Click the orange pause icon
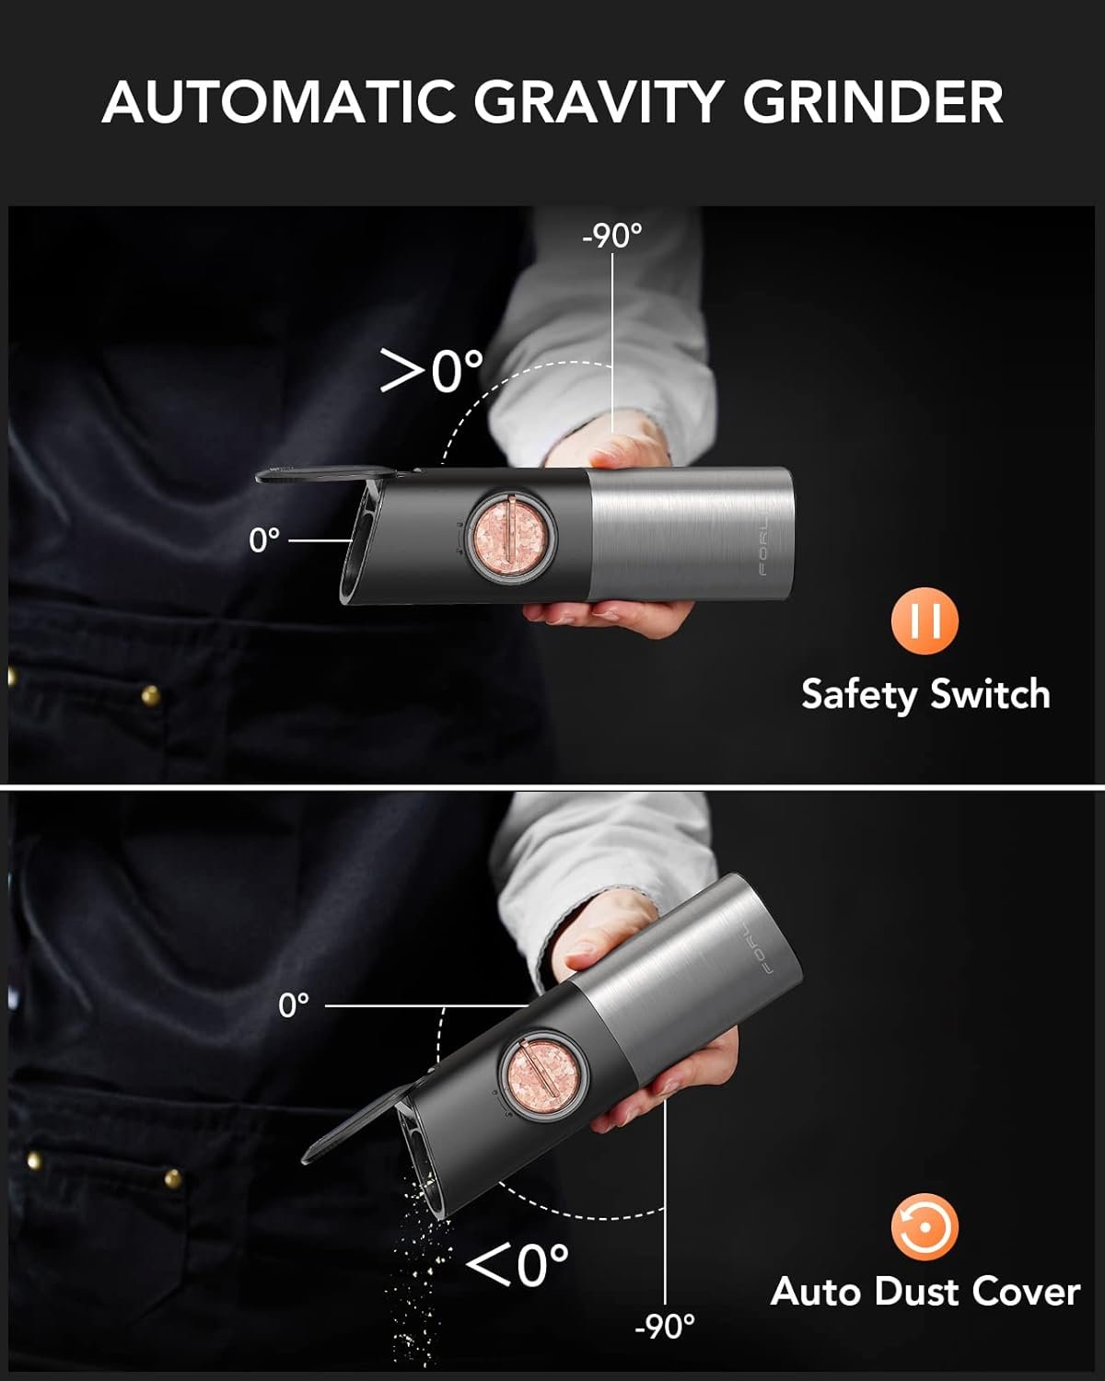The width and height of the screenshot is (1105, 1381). (925, 621)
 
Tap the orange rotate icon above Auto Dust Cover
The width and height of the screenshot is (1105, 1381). (925, 1226)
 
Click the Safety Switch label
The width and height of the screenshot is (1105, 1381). (925, 693)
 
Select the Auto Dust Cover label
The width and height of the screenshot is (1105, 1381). (925, 1291)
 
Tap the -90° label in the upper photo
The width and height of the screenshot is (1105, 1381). (611, 236)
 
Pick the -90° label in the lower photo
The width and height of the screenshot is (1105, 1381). (664, 1327)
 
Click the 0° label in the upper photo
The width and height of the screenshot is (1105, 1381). (264, 540)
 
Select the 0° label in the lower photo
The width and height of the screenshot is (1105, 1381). (294, 1005)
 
